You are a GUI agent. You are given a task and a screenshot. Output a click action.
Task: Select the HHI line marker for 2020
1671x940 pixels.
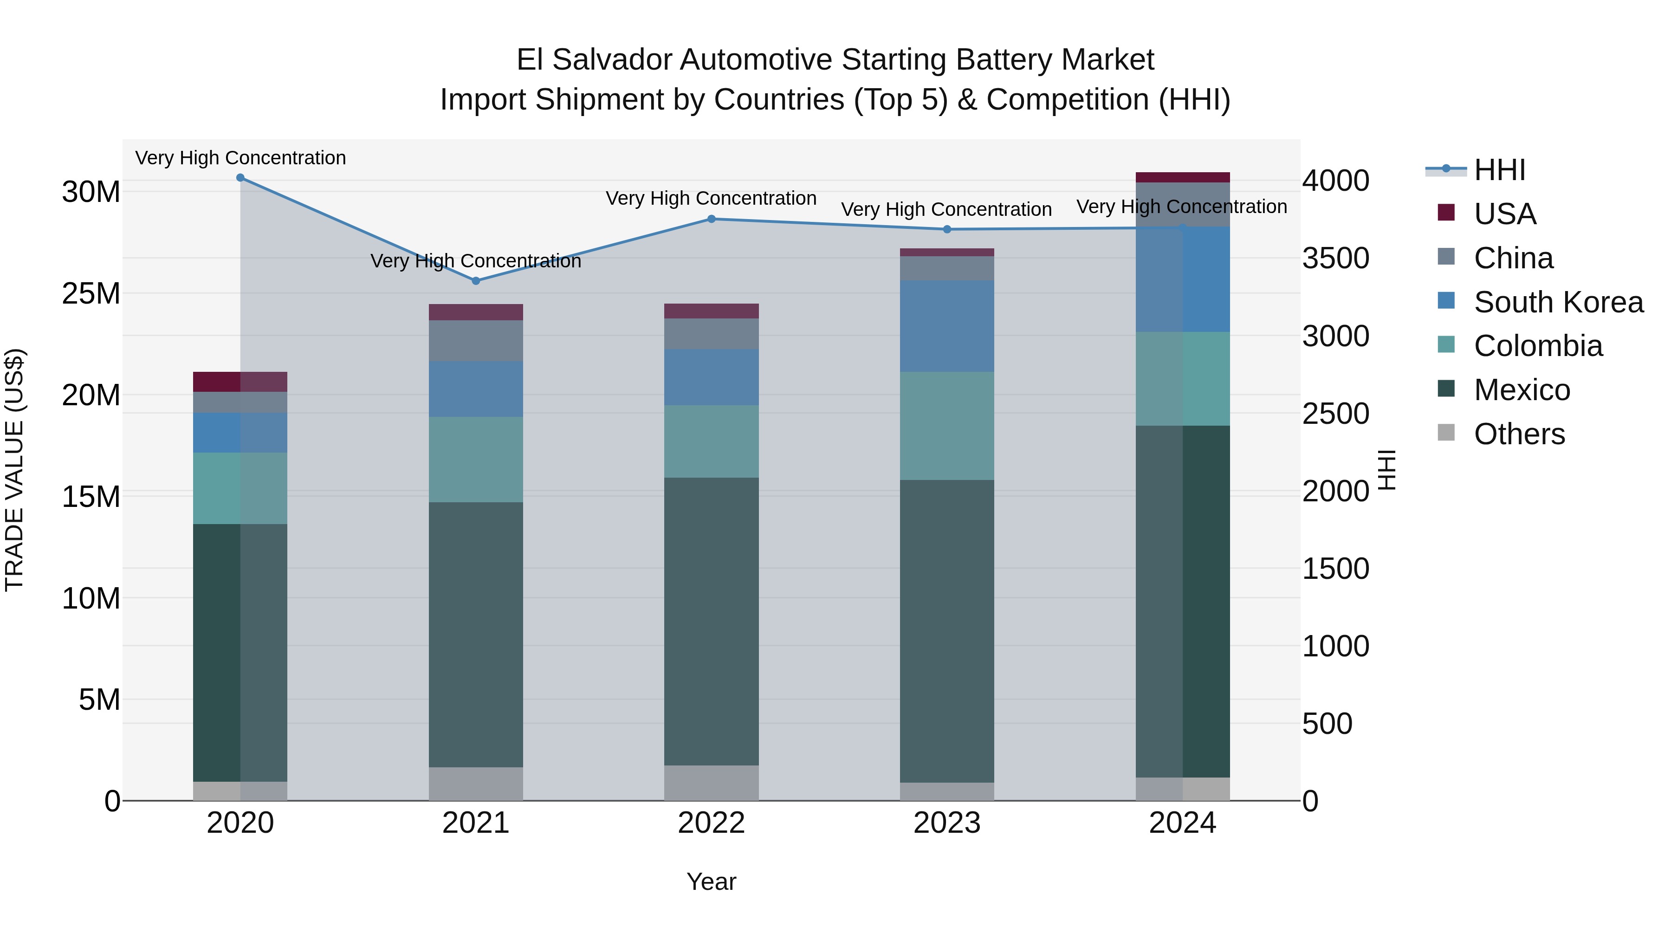tap(240, 178)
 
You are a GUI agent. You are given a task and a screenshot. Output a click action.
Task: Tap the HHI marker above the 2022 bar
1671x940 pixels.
tap(711, 219)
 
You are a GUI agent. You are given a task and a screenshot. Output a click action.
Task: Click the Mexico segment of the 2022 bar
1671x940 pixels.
tap(711, 622)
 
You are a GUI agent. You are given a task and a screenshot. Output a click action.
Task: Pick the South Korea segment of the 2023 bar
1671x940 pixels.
tap(946, 326)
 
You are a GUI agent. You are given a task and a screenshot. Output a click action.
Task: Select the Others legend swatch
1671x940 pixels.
tap(1446, 433)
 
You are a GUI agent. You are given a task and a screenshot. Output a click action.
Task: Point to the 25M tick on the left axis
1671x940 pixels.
tap(91, 294)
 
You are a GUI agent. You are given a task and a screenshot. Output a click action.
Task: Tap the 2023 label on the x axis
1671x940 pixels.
tap(946, 823)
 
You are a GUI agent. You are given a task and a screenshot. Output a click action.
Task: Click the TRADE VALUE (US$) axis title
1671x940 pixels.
tap(14, 470)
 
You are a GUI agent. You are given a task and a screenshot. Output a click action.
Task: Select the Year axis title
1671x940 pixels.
tap(711, 882)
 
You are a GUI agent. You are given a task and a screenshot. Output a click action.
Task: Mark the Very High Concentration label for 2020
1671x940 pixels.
tap(240, 158)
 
